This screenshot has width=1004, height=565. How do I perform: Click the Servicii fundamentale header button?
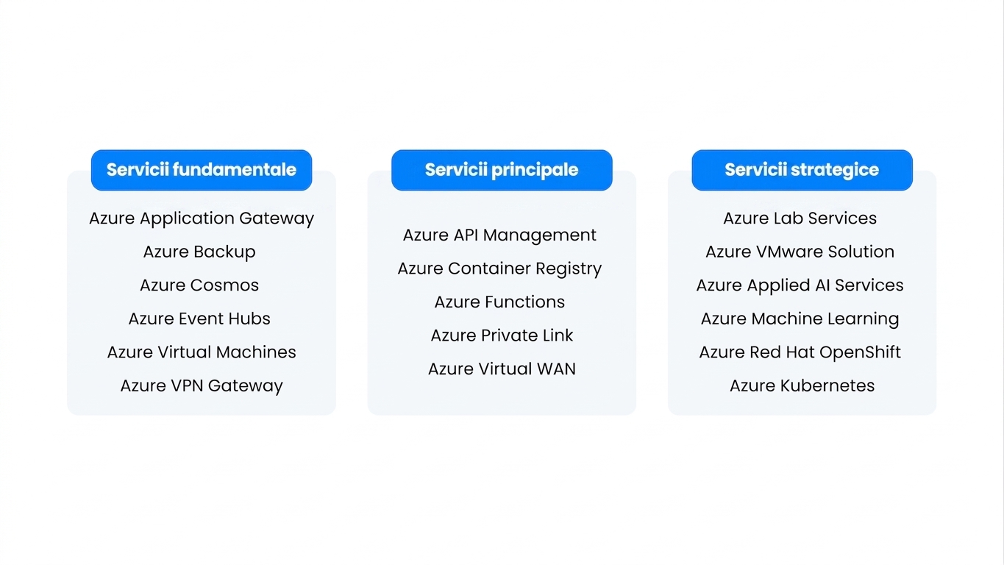point(202,170)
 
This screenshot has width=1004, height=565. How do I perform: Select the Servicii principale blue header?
point(502,170)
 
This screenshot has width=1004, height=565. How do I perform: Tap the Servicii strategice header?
point(802,170)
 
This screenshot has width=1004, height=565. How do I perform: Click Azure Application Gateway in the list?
point(202,218)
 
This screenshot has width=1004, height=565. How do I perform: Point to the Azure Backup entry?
point(199,252)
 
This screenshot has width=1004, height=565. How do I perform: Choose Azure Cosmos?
point(199,285)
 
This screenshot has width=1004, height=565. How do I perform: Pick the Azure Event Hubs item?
point(199,319)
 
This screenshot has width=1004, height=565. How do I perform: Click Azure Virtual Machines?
point(202,352)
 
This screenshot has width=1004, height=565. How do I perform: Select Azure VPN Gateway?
point(202,386)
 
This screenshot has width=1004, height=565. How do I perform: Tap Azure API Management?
point(499,235)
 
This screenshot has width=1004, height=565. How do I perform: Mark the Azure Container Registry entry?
point(499,269)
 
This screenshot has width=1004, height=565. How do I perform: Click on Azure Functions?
point(499,302)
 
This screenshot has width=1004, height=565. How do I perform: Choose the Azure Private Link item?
point(502,335)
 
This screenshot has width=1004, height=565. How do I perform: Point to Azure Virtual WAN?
point(502,369)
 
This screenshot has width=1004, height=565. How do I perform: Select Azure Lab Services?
point(800,218)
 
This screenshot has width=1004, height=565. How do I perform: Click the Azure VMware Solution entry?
point(800,252)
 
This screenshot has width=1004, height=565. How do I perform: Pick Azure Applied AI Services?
point(800,285)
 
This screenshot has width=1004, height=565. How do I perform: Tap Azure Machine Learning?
point(800,319)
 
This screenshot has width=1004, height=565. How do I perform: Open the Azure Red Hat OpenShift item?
point(800,352)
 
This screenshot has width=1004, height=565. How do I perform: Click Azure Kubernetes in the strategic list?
point(802,385)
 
